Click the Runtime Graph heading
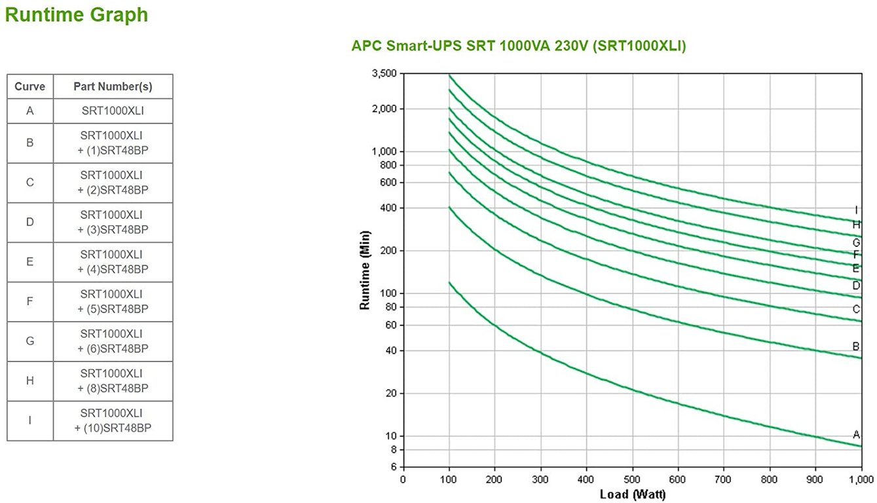point(77,15)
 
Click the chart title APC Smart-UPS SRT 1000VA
point(518,46)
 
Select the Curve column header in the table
point(30,86)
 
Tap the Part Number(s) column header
point(113,86)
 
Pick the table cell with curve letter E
point(30,262)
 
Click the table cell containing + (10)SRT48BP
point(113,420)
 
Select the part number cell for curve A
point(113,111)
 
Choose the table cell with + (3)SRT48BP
point(113,222)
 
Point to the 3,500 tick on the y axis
point(384,73)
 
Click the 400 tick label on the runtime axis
point(388,208)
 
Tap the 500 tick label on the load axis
point(632,479)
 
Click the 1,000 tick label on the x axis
point(860,479)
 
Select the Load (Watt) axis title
point(632,494)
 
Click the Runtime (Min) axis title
point(365,270)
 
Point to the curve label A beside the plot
point(856,434)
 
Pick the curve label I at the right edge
point(856,210)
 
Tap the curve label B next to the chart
point(856,346)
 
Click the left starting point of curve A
point(449,282)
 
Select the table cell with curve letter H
point(30,381)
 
